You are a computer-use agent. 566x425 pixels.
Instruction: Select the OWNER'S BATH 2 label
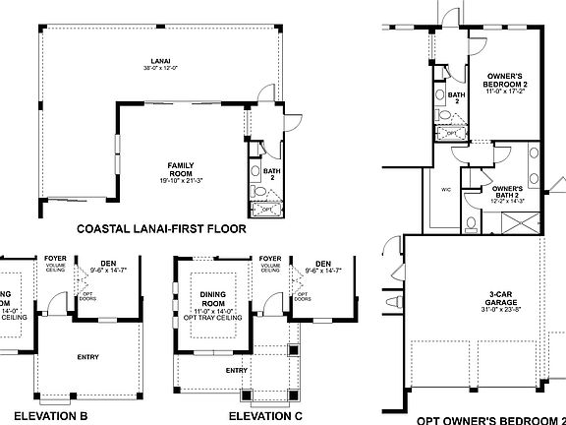coord(507,191)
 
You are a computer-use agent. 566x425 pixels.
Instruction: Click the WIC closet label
coord(446,189)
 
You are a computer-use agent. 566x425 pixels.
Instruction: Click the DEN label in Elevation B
coord(108,262)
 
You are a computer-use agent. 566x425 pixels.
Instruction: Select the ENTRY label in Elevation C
coord(236,370)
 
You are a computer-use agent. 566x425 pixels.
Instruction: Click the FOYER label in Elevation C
coord(270,258)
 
